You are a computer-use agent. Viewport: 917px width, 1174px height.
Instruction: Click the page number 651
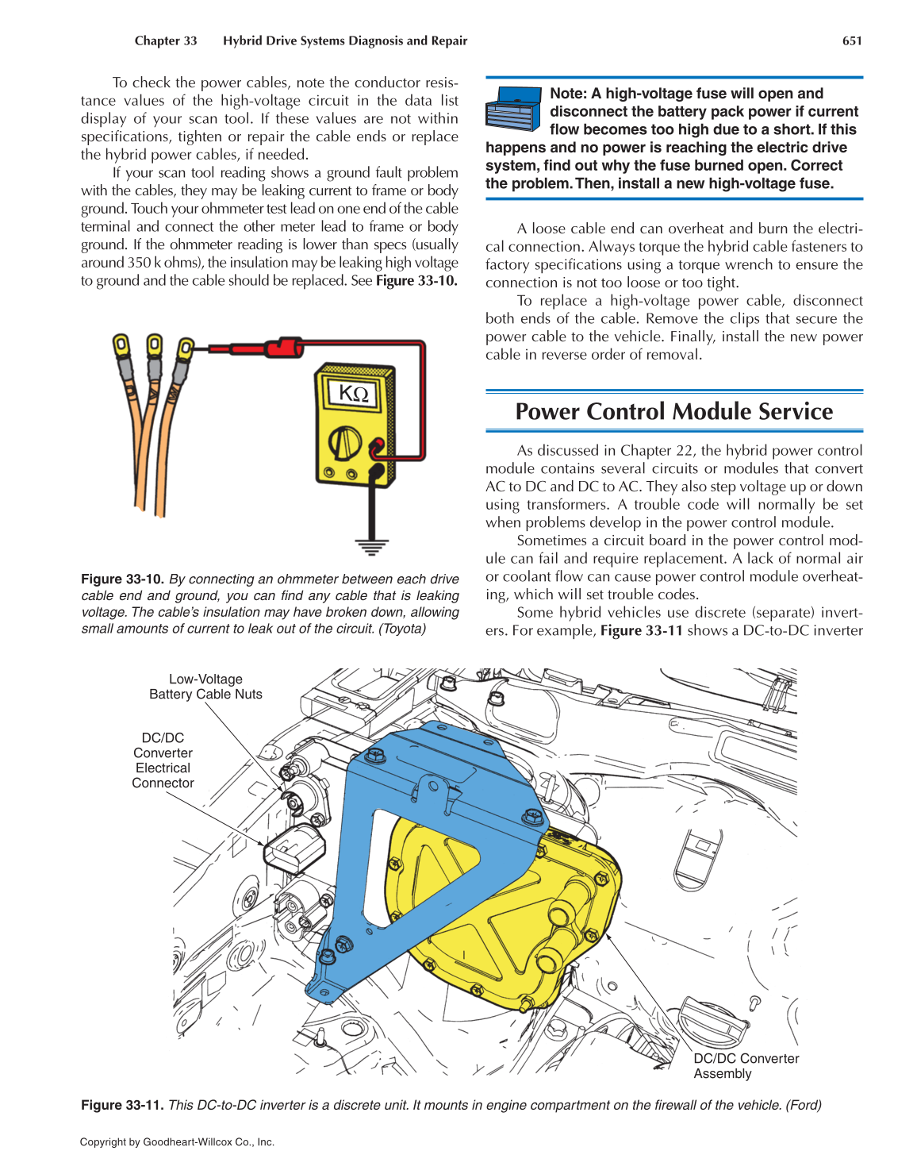point(852,40)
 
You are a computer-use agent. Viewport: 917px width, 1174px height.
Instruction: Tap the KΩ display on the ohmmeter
point(354,394)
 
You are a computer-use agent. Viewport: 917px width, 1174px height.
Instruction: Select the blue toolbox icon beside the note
point(513,109)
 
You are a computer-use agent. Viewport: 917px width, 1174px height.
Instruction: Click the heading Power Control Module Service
point(673,411)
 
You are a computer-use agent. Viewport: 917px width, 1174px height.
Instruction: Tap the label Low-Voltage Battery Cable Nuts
point(205,687)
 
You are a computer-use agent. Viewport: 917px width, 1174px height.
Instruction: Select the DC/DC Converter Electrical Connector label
point(163,760)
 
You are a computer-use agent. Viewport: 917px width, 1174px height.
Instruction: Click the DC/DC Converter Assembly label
point(746,1066)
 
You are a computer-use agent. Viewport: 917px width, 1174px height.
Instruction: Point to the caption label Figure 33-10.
point(122,579)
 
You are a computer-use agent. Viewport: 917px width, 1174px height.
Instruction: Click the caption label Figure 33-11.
point(122,1105)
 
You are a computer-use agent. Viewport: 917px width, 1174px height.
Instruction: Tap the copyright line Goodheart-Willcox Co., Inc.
point(177,1142)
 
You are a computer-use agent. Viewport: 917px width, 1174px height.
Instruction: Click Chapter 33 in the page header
point(166,40)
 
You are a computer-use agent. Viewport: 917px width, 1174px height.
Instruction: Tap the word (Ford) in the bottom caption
point(804,1105)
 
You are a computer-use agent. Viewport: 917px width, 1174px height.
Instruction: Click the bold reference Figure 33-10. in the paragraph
point(416,281)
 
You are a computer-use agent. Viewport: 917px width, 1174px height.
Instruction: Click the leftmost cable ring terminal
point(121,345)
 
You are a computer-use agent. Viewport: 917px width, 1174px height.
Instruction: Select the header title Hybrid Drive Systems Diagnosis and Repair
point(345,40)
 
